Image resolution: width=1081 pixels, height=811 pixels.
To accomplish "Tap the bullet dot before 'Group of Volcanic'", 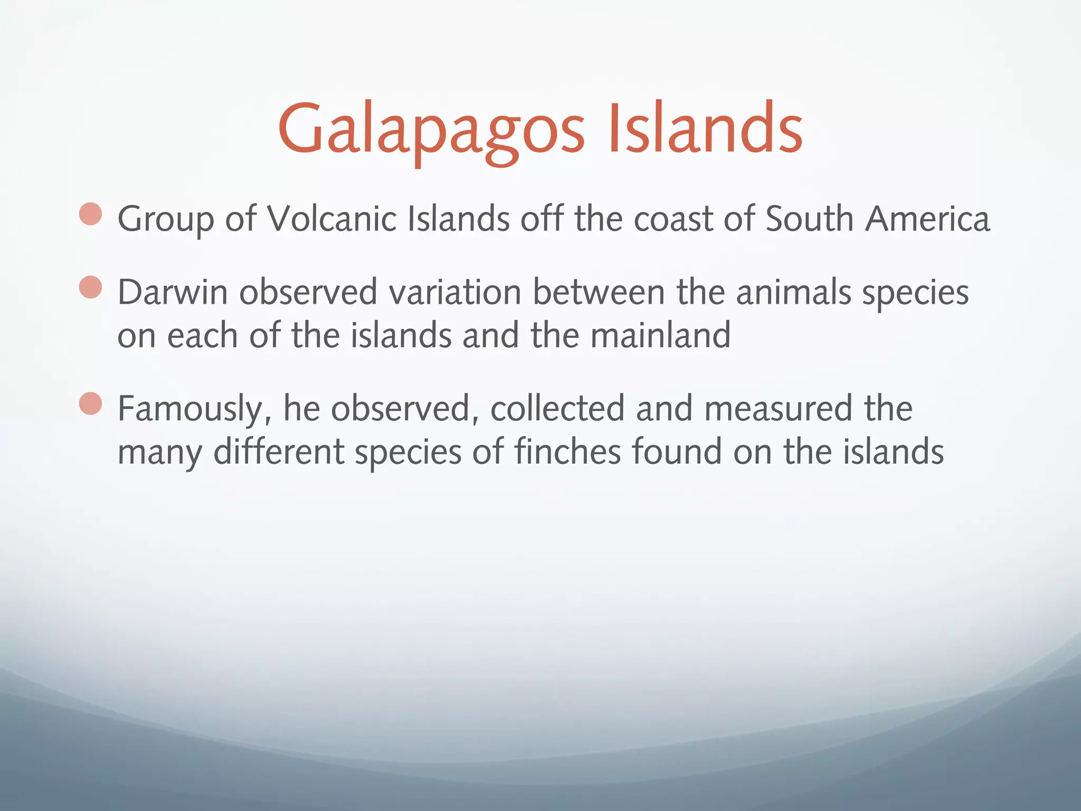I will (x=91, y=214).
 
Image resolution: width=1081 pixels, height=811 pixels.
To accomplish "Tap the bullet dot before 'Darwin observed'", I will (x=91, y=288).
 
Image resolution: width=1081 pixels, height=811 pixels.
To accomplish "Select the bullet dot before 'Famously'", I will (x=91, y=404).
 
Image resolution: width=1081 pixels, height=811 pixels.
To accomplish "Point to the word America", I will (x=927, y=219).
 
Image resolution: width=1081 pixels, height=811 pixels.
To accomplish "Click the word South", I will (x=809, y=219).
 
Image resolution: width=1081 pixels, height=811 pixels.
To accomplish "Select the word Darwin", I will (x=172, y=292).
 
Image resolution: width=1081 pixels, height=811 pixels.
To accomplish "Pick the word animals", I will (x=793, y=292).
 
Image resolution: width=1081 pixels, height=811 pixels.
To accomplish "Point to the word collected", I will (x=557, y=408).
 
